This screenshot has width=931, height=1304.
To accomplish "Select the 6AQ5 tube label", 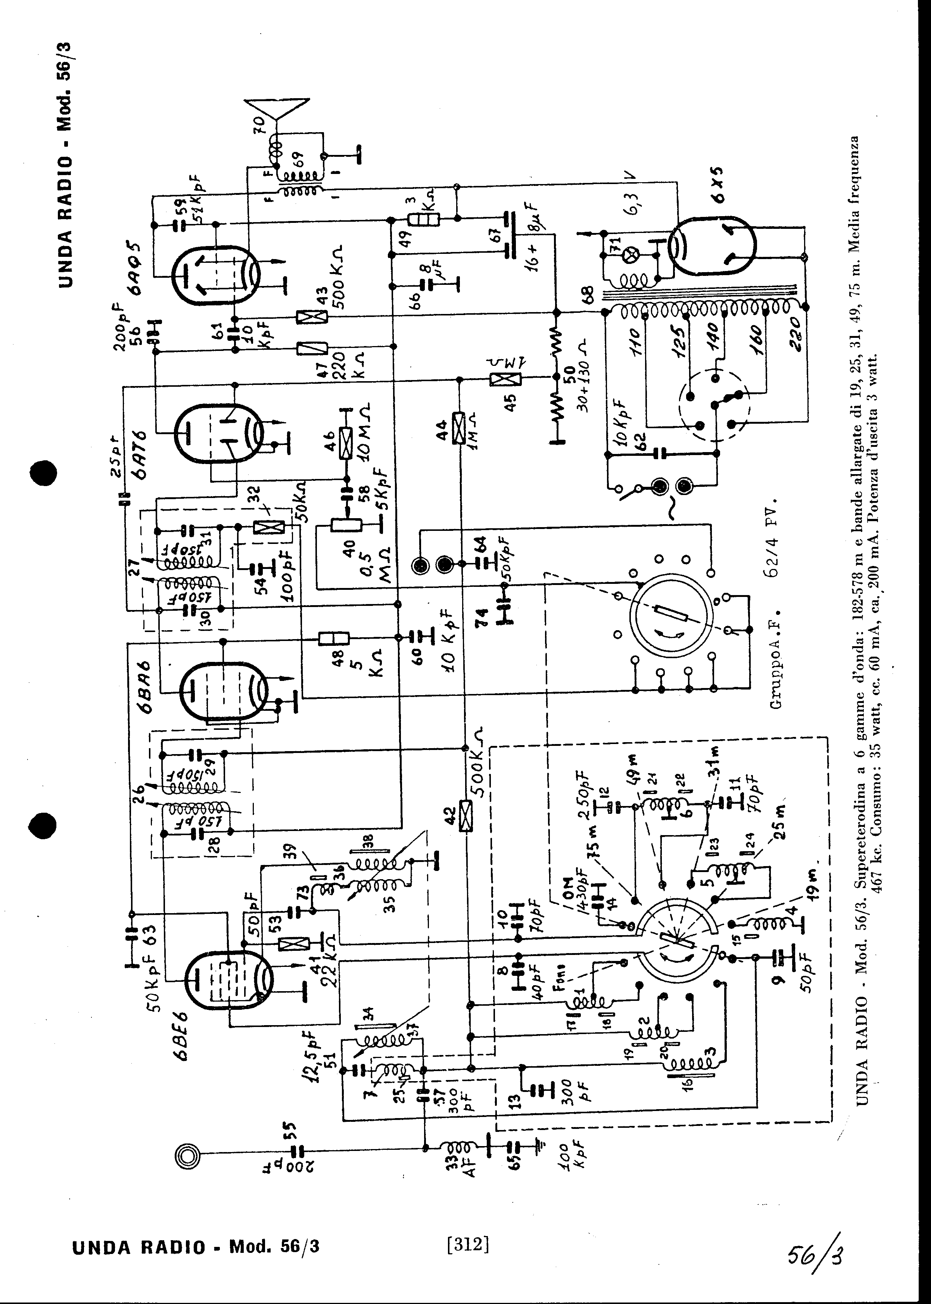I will tap(138, 267).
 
